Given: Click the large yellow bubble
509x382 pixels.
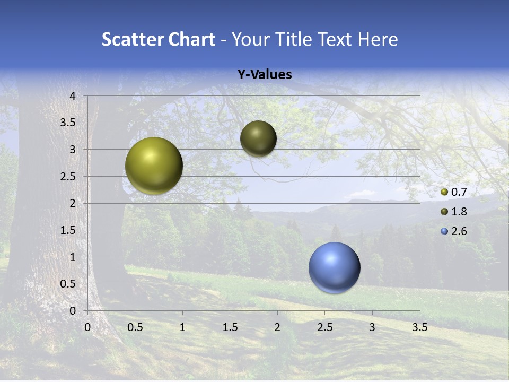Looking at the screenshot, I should pos(154,166).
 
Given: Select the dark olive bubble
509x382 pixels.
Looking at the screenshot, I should pos(258,138).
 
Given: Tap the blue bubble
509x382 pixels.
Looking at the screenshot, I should pos(334,267).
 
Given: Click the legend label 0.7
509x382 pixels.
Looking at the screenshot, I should pos(459,192).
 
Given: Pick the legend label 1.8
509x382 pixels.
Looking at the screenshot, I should pos(459,212).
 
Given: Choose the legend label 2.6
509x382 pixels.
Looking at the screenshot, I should pos(459,231).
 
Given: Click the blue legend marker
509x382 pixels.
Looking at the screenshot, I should pos(444,231).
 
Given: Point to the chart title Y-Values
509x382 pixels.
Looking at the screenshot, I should pos(264,75).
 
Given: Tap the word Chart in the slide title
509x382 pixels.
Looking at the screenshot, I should pos(192,39).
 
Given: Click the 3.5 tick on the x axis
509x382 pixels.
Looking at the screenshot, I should pos(420,327).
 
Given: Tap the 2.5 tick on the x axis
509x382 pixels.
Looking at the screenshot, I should pos(324,327).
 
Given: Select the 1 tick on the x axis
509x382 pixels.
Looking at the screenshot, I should pos(182,327).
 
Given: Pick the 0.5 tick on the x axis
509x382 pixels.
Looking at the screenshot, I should pos(135,327).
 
